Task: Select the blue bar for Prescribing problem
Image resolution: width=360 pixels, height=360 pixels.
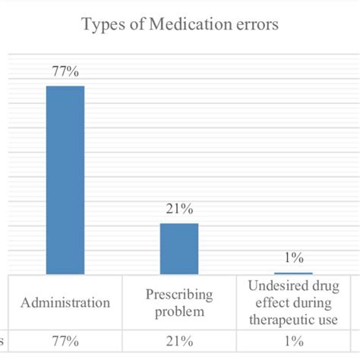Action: pyautogui.click(x=178, y=248)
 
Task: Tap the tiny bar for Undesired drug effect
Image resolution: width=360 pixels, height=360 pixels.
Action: pyautogui.click(x=293, y=273)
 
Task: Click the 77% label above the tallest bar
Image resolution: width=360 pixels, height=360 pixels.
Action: pyautogui.click(x=65, y=72)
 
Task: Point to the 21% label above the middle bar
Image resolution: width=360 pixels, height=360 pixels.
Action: pyautogui.click(x=178, y=210)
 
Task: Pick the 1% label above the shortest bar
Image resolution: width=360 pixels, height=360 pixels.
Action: pyautogui.click(x=293, y=257)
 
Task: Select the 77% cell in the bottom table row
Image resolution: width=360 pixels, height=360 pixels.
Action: pyautogui.click(x=65, y=341)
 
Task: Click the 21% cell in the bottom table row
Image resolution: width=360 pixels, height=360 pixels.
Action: pyautogui.click(x=178, y=341)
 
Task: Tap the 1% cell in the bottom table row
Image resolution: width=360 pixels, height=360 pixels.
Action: pyautogui.click(x=293, y=341)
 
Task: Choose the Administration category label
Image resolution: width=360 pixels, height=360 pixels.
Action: pyautogui.click(x=65, y=302)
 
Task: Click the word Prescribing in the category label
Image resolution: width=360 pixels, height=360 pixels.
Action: pyautogui.click(x=178, y=295)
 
